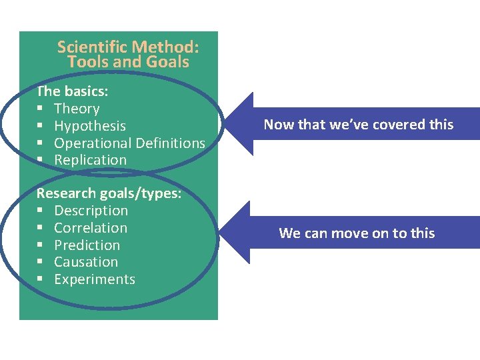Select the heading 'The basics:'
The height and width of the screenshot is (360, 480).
(x=73, y=91)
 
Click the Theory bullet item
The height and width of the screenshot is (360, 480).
(x=77, y=109)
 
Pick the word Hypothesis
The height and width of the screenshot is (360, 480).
(x=90, y=126)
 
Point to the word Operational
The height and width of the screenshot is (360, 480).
(x=93, y=143)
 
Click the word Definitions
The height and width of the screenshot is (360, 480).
(x=170, y=143)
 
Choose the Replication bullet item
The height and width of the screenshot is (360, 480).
(x=90, y=160)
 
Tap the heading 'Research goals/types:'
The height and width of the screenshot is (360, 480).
(x=109, y=193)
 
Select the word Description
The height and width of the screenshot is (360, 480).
(x=91, y=211)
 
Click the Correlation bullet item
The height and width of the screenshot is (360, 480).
(x=91, y=228)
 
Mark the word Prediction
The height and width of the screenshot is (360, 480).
(x=87, y=245)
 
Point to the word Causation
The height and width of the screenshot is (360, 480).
(x=86, y=262)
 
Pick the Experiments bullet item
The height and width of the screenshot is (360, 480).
(x=95, y=279)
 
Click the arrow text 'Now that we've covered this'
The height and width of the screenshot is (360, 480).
(x=358, y=125)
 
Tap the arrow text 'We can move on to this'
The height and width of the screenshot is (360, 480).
(x=357, y=233)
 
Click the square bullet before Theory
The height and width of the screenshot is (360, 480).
(x=40, y=109)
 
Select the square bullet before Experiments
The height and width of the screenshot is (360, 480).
(x=40, y=280)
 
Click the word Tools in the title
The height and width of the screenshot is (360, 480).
(x=85, y=62)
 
